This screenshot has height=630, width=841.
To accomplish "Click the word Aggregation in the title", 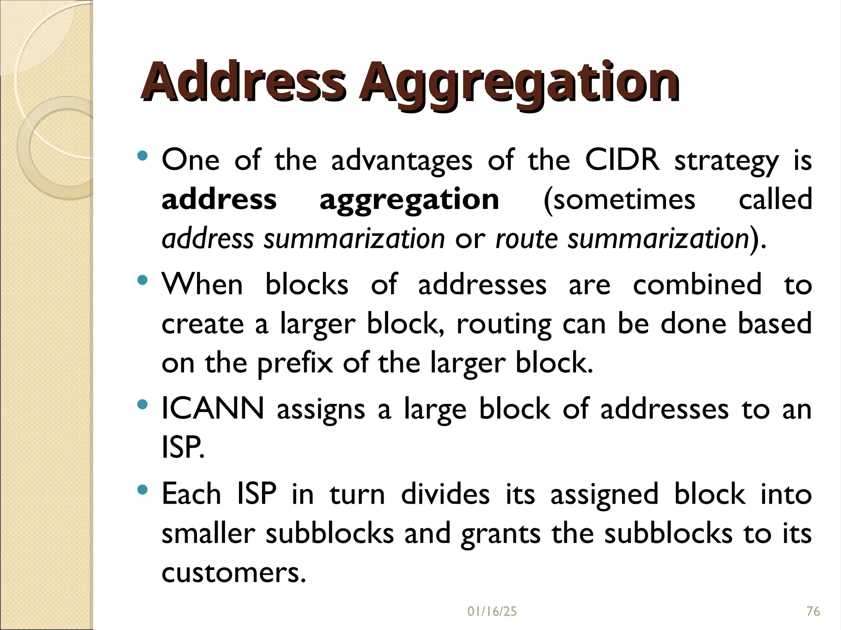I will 520,82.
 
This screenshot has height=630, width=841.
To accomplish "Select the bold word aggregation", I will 409,200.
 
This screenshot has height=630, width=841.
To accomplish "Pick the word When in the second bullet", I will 202,284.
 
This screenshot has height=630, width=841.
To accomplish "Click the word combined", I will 697,284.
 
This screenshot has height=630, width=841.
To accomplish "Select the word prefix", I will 295,363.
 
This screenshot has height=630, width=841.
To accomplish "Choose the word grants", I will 501,534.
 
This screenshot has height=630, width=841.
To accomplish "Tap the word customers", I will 234,573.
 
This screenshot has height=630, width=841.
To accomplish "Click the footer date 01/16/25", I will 492,612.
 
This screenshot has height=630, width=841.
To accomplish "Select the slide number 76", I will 813,612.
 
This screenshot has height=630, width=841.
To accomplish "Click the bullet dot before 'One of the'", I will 142,156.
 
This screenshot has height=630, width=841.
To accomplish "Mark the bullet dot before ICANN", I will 142,405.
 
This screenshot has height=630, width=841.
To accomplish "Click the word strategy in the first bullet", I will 726,161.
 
